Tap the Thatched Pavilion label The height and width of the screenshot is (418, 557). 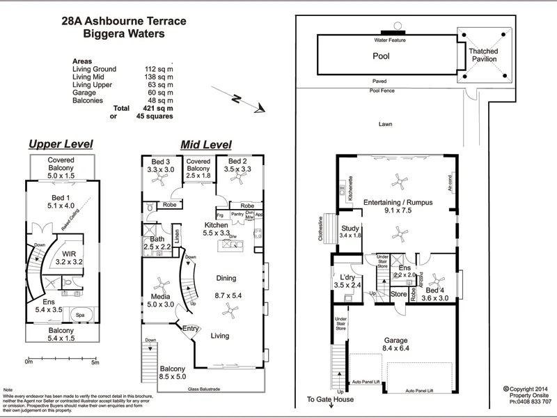483,55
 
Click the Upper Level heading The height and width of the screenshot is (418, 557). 60,144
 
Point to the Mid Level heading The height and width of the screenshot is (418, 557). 205,144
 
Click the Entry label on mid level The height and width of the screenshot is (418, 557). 190,329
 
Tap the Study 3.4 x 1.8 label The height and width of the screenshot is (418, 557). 351,232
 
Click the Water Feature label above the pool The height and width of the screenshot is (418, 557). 390,40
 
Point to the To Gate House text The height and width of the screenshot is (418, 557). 330,400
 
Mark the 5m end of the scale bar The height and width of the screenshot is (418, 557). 95,362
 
